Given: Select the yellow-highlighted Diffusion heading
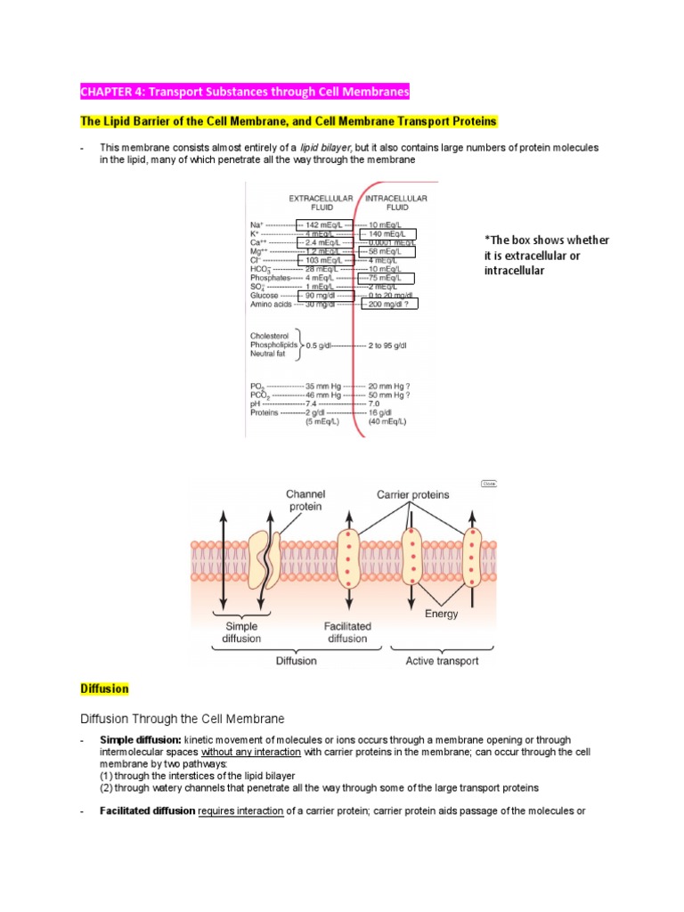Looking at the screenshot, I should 104,688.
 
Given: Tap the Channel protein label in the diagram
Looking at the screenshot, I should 305,500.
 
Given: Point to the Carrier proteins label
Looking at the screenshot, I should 412,494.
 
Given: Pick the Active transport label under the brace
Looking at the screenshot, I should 442,661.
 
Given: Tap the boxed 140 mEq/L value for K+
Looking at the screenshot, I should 387,235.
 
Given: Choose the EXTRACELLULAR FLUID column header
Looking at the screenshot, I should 321,202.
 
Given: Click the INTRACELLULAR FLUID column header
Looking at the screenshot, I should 397,202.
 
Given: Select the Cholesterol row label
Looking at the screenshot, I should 273,336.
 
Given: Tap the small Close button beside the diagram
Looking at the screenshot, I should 488,483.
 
